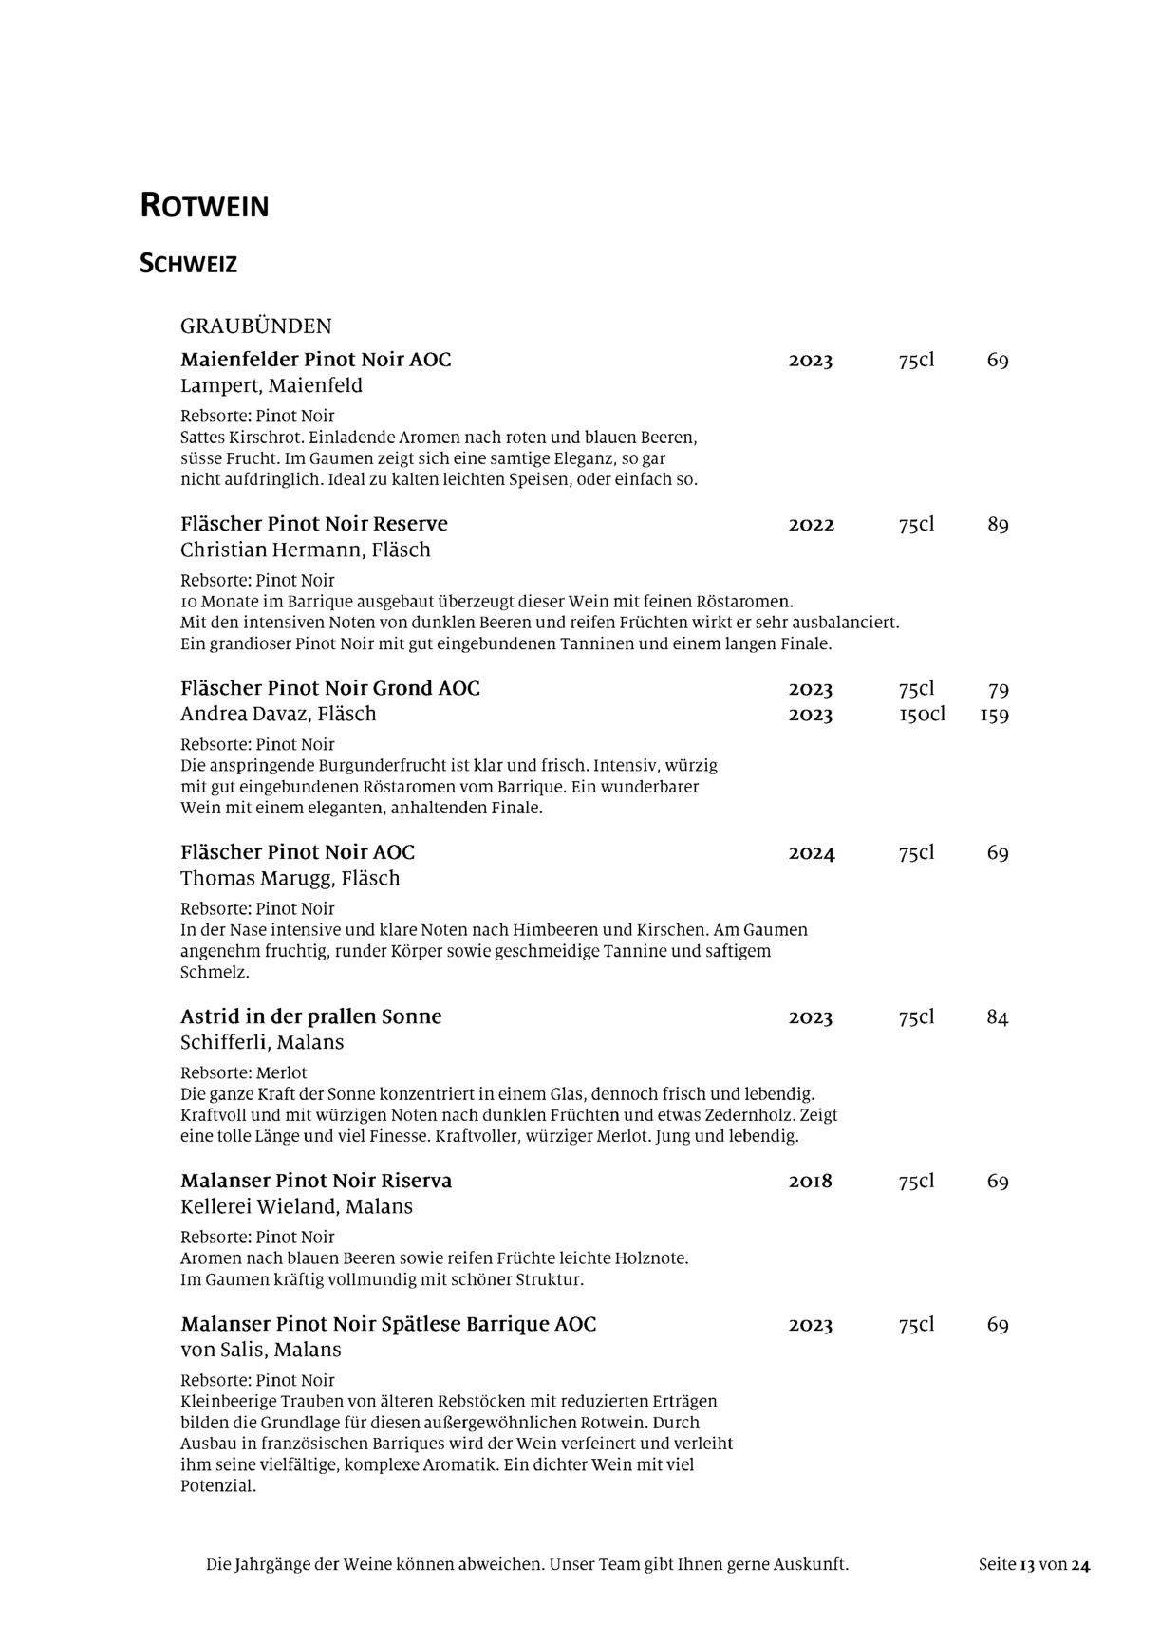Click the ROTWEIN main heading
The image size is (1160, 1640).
pos(204,206)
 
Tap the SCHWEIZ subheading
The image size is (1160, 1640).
pos(188,264)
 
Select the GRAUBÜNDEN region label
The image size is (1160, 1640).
pos(256,326)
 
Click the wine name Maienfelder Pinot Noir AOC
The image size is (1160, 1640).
pos(315,360)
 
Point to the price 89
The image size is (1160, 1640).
pos(997,525)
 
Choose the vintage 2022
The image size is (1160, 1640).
pos(811,525)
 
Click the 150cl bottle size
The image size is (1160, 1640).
pos(921,714)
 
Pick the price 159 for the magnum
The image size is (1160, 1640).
pos(994,715)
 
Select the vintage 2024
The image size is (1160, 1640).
pos(811,853)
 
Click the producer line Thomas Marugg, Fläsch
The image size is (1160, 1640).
pos(290,878)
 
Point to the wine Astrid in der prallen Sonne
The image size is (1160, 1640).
pos(310,1016)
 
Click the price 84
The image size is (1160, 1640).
pos(997,1017)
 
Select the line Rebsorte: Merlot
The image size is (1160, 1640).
pos(243,1072)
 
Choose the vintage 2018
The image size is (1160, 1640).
pos(810,1182)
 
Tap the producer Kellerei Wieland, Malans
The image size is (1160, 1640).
pos(296,1206)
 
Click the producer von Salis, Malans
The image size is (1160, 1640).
pos(260,1350)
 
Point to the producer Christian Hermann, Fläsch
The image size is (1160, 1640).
pos(305,550)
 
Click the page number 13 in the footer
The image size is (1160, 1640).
pos(1026,1565)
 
